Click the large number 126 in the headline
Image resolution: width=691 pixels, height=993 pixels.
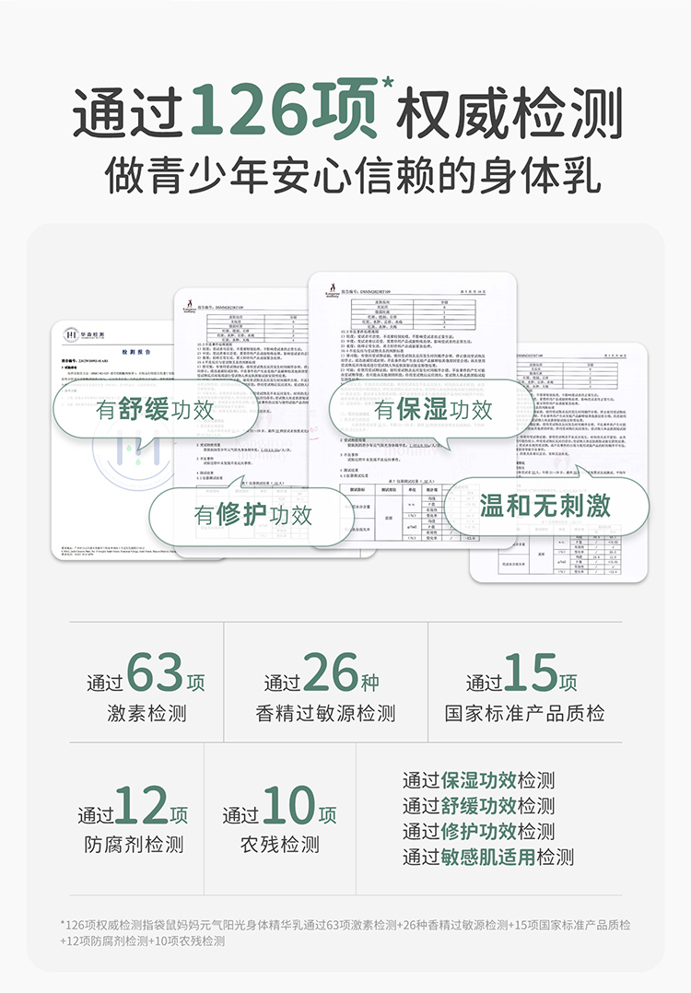(259, 112)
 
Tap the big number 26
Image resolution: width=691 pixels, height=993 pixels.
(331, 673)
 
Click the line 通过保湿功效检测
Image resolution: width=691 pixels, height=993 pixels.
(478, 781)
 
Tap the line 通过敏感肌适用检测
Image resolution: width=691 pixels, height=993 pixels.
(487, 857)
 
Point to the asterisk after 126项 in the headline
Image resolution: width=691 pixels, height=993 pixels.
(388, 85)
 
